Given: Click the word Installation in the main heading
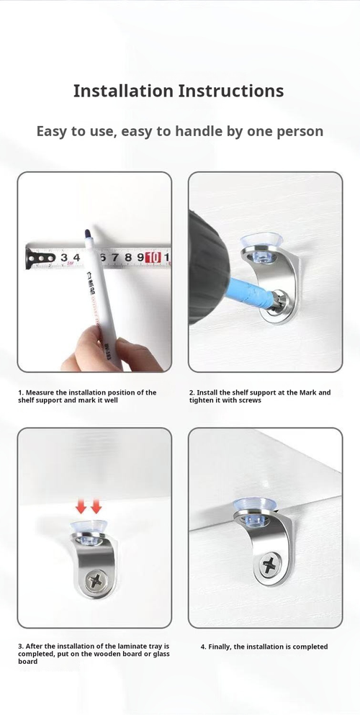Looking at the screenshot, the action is (124, 91).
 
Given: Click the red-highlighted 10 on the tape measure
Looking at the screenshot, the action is (153, 258).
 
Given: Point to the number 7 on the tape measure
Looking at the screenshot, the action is (115, 258).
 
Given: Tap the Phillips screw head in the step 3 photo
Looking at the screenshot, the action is (96, 580).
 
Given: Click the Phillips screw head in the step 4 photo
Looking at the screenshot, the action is (269, 566).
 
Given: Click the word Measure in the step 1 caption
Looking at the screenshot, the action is (38, 392).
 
